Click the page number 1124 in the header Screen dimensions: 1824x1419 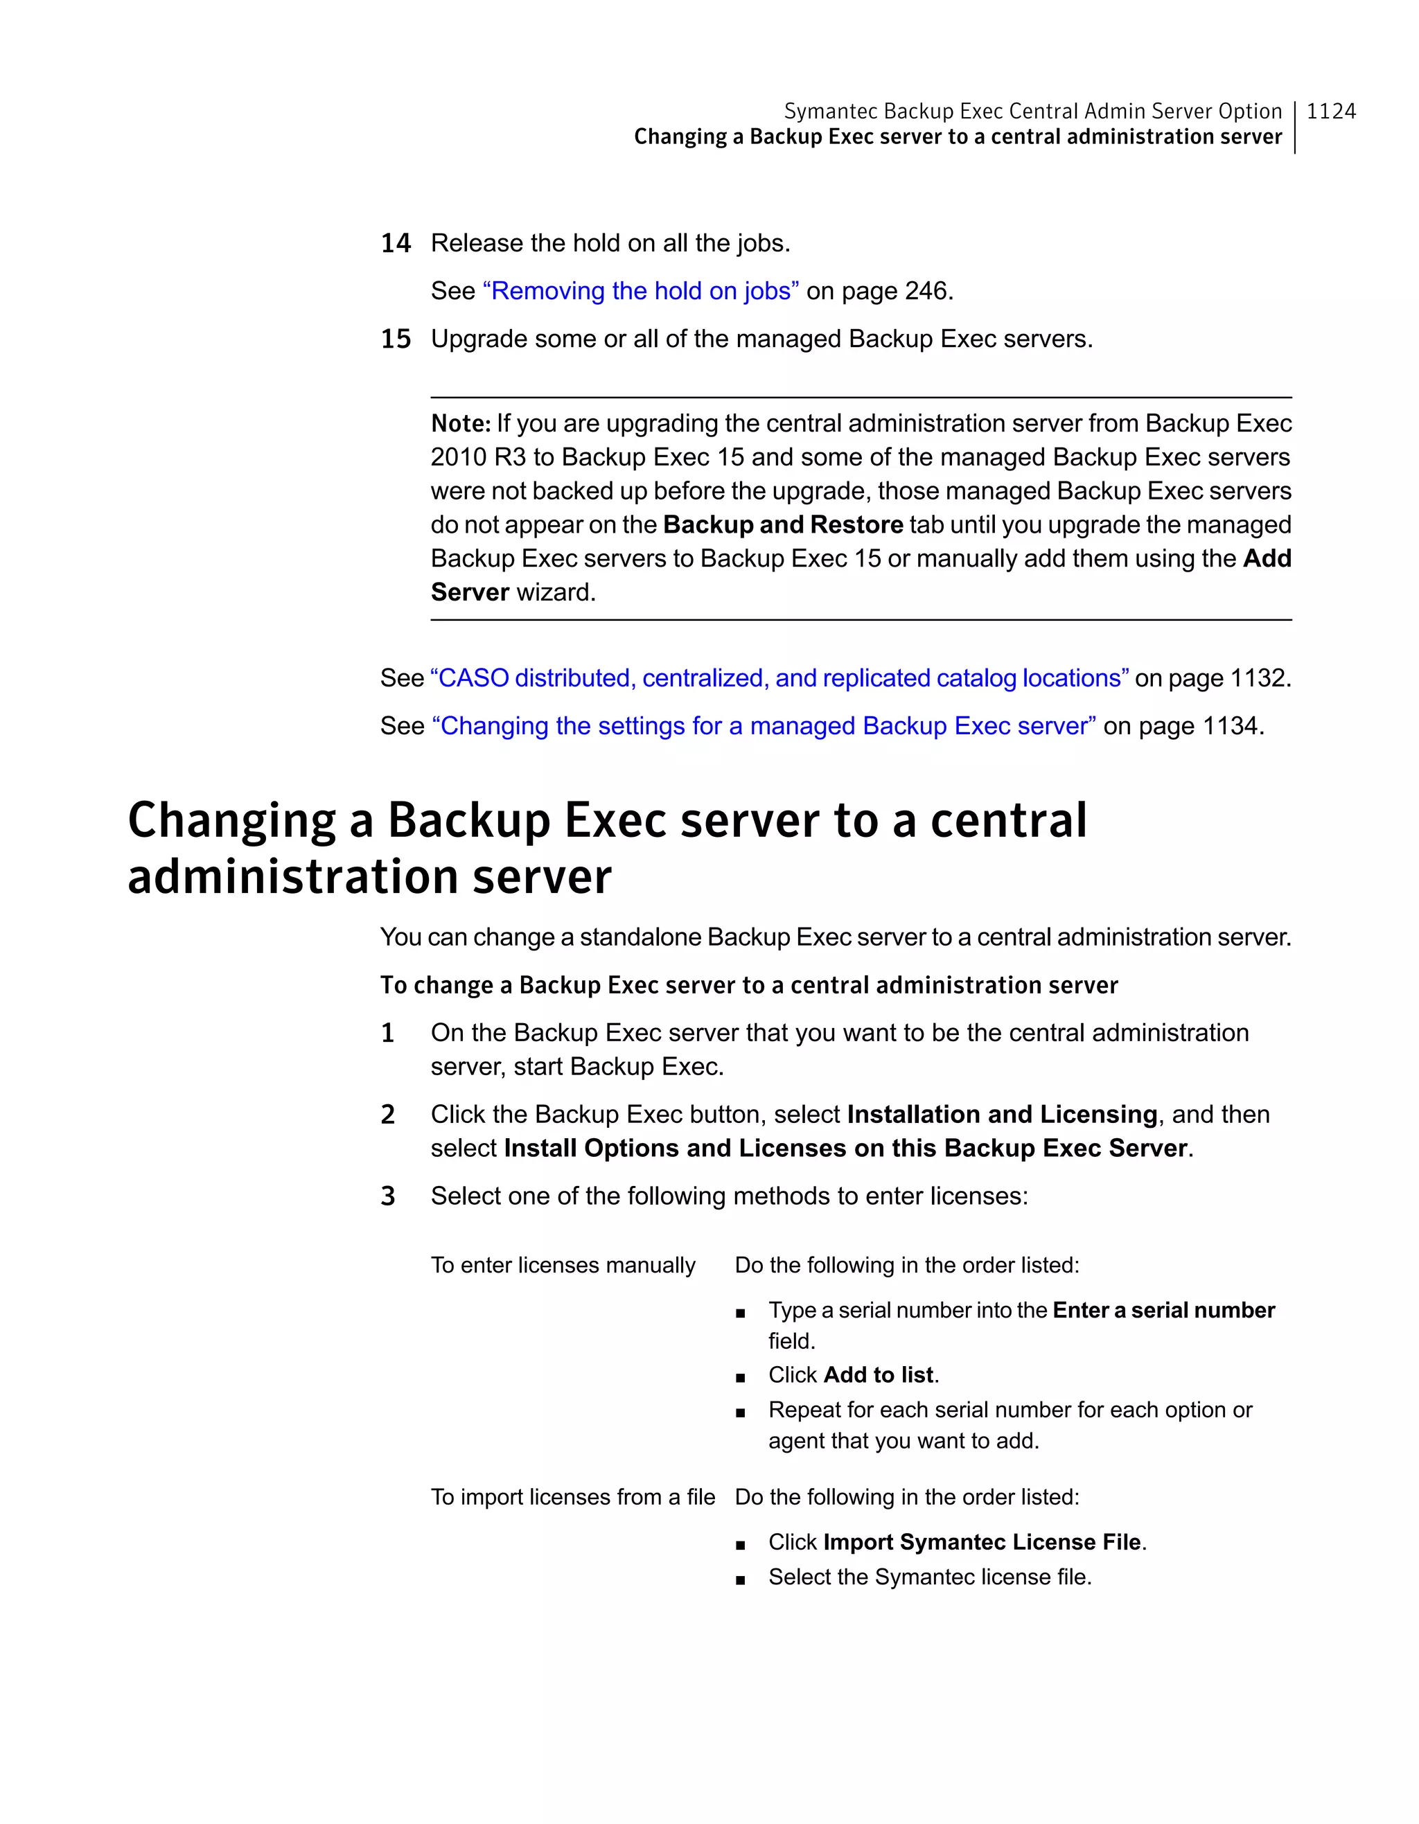click(x=1330, y=111)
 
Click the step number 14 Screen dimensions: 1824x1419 click(x=396, y=243)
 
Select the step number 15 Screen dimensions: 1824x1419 click(x=396, y=339)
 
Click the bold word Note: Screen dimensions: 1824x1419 click(x=460, y=423)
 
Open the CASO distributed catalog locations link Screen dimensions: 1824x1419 click(x=779, y=678)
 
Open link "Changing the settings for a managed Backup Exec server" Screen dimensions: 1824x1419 click(x=764, y=726)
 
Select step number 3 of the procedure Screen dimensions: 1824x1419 click(x=387, y=1196)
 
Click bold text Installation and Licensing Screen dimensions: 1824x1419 click(x=1001, y=1114)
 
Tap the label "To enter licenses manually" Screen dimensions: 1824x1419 click(x=563, y=1265)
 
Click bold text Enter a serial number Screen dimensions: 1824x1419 click(x=1163, y=1311)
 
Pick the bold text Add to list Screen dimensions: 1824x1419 click(x=878, y=1374)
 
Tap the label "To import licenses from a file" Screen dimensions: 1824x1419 click(x=573, y=1496)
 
